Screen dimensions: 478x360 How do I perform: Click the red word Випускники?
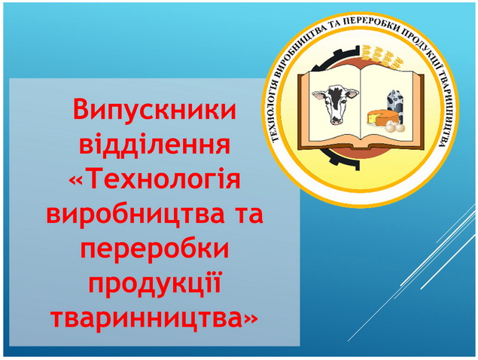tap(154, 109)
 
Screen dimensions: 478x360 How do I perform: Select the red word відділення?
tap(154, 144)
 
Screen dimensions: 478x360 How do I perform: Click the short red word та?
tap(247, 215)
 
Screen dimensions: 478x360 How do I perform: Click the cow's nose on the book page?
tap(336, 120)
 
